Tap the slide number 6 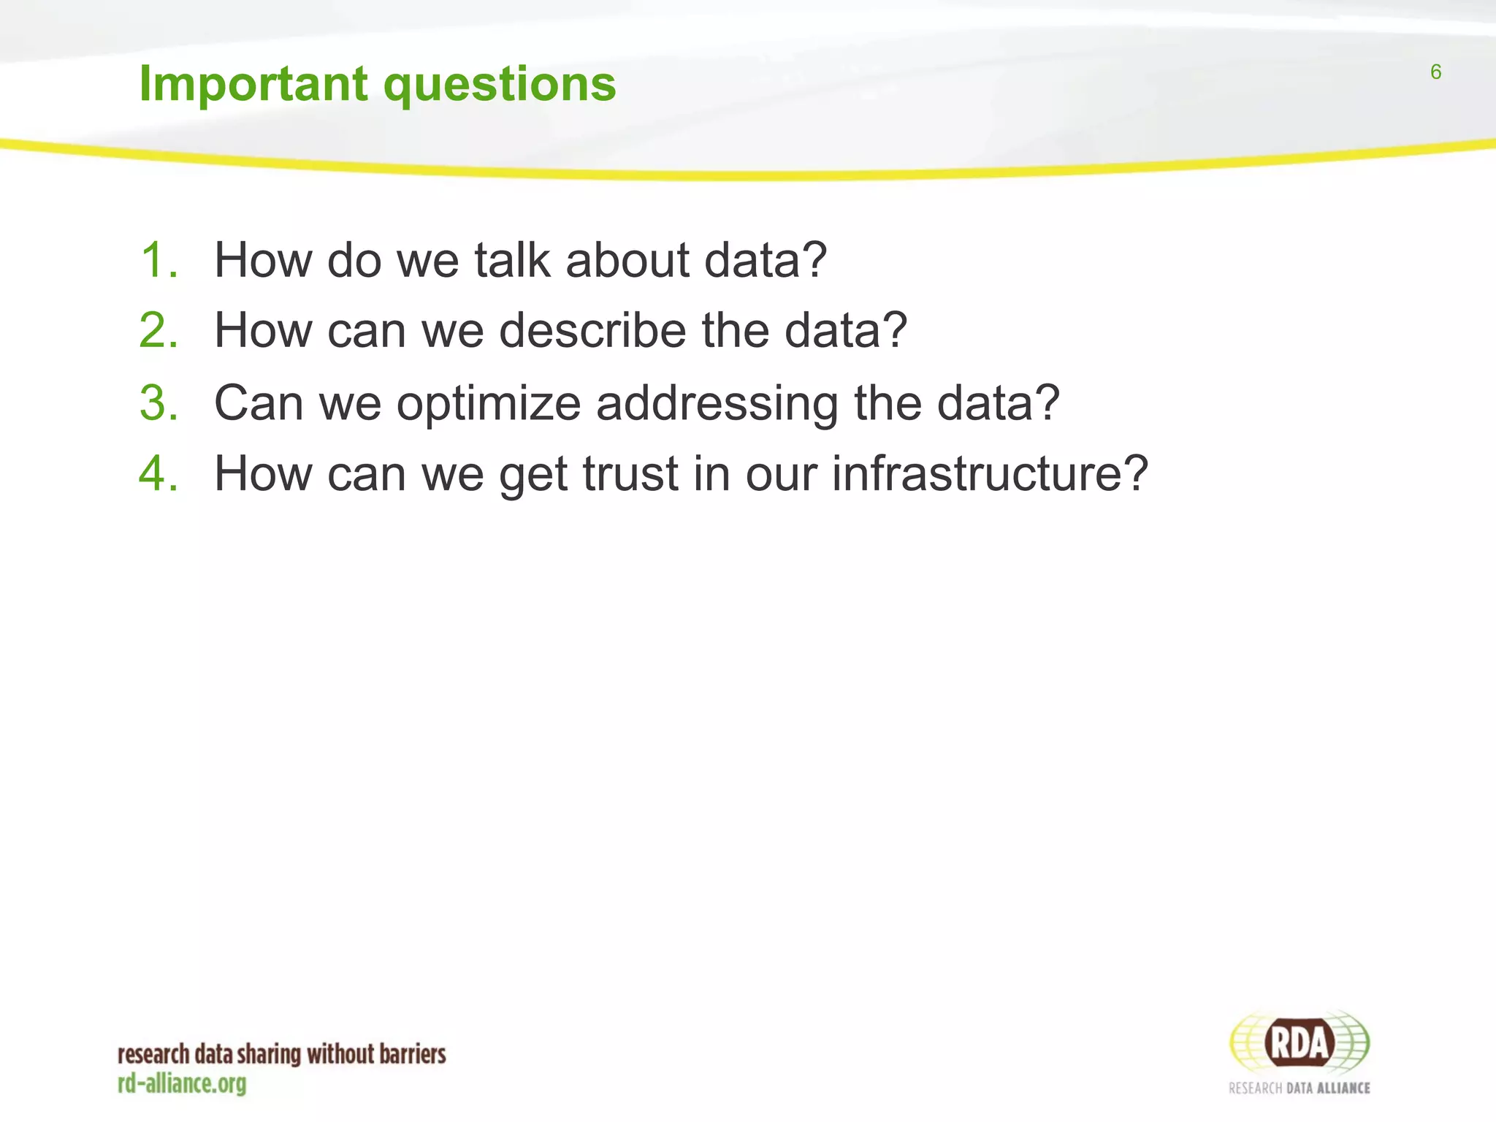pos(1435,72)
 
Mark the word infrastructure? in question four pos(990,473)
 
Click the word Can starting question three pos(259,402)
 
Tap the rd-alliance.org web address pos(182,1083)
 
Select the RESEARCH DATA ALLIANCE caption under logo pos(1299,1088)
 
